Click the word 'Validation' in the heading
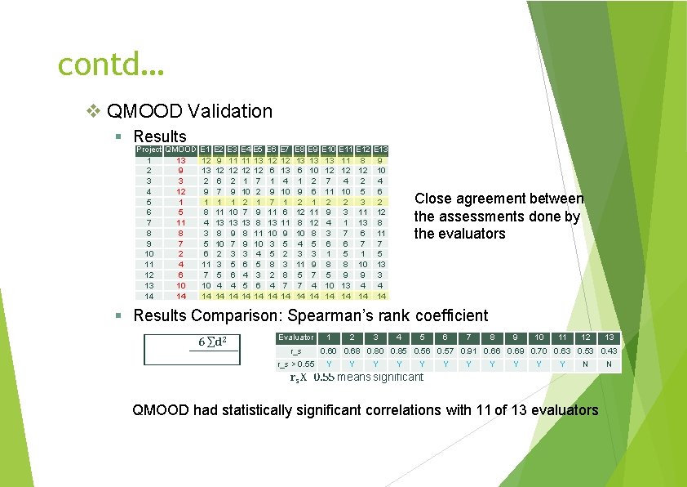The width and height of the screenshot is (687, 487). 231,110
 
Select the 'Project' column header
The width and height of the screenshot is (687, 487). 148,150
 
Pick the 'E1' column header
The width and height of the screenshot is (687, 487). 206,150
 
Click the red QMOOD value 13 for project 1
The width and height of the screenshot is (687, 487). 181,161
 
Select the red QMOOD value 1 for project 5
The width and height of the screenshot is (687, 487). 181,202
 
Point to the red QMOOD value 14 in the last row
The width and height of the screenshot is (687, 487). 181,296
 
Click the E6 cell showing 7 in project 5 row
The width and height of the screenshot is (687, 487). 271,202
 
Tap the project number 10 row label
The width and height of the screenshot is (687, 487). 148,254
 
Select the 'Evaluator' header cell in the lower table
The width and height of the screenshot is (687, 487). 295,337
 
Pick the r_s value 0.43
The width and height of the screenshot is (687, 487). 609,351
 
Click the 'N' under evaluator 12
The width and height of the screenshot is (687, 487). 585,364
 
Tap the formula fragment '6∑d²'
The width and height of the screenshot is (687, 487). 211,340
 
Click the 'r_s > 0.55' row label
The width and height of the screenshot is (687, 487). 295,364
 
